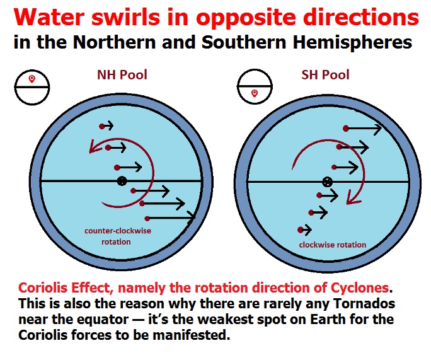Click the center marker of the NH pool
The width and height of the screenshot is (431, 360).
click(x=121, y=182)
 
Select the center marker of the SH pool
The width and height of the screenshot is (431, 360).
click(x=327, y=182)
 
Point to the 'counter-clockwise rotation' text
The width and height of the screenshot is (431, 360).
click(x=118, y=236)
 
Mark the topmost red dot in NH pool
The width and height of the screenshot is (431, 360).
click(x=101, y=127)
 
